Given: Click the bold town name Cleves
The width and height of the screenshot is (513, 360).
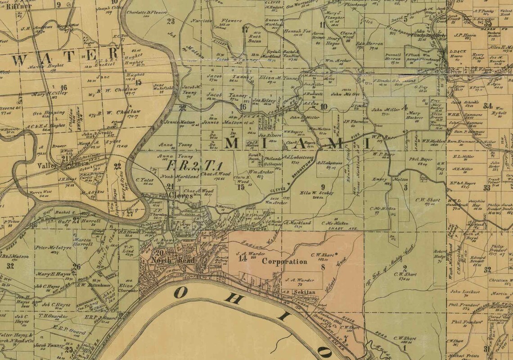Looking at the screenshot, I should coord(180,196).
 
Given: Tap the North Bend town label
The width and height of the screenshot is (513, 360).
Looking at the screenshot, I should coord(166,261).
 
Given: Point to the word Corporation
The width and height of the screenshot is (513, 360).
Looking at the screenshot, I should coord(284,261).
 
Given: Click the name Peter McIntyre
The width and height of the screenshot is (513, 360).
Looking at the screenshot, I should coord(49,247).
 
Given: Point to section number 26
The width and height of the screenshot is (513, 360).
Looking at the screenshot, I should coord(77,266).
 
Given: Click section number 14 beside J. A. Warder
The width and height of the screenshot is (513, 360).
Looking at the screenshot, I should coord(243,258).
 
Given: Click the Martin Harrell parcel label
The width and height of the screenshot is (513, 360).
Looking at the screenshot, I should coord(83,242).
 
